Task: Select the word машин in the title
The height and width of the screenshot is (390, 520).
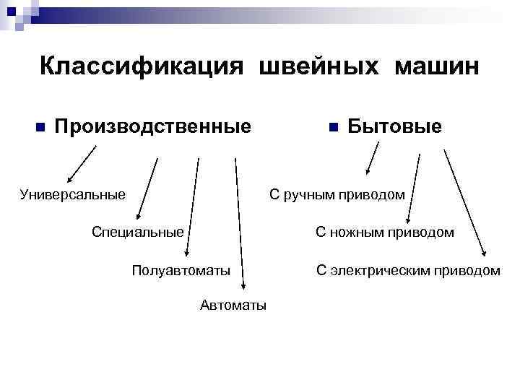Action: (435, 66)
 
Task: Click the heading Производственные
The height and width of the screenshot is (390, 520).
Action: (153, 127)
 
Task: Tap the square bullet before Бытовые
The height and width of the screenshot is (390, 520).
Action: (332, 128)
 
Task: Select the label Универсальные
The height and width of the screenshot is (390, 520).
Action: (73, 194)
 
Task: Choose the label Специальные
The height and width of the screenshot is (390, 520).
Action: (137, 232)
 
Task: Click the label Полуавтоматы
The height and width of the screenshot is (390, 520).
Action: (181, 271)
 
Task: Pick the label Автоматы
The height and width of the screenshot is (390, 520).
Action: (233, 305)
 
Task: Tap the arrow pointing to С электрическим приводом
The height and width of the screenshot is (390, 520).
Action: (464, 202)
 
